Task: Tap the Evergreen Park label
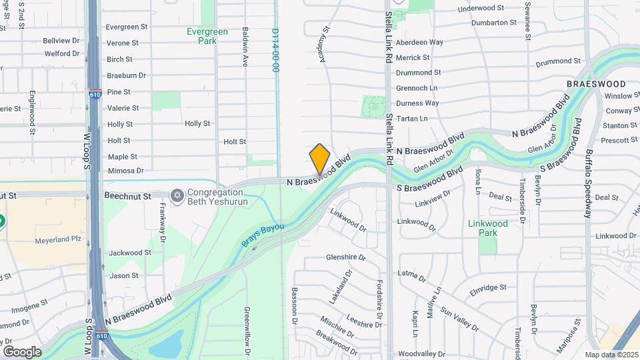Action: (207, 36)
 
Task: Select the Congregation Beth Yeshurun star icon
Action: (177, 195)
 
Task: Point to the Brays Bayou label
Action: (262, 237)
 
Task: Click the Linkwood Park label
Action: (487, 228)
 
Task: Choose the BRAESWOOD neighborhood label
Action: (595, 85)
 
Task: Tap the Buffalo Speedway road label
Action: (588, 185)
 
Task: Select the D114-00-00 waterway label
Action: (275, 50)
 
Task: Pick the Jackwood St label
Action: (125, 253)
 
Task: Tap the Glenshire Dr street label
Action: (346, 257)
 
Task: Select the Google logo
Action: (22, 351)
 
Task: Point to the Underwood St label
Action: (481, 8)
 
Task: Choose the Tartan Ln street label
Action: (411, 119)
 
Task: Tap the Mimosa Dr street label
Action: (126, 171)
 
